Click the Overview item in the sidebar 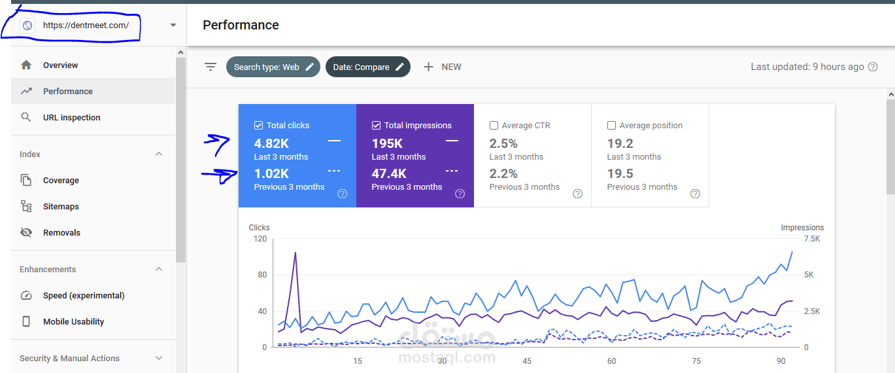(60, 65)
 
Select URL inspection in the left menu (71, 118)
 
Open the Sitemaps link (61, 206)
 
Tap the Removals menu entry (61, 233)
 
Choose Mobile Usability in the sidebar (73, 321)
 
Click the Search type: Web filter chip (273, 67)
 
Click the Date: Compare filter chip (367, 67)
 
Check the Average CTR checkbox (494, 126)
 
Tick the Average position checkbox (611, 126)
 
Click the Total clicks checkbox (258, 126)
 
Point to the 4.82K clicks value (271, 143)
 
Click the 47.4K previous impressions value (389, 173)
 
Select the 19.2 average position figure (620, 143)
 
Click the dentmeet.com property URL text (86, 25)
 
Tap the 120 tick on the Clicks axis (260, 239)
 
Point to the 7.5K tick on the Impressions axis (812, 239)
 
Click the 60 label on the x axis (611, 361)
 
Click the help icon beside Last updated (873, 67)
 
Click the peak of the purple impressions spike (296, 253)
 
